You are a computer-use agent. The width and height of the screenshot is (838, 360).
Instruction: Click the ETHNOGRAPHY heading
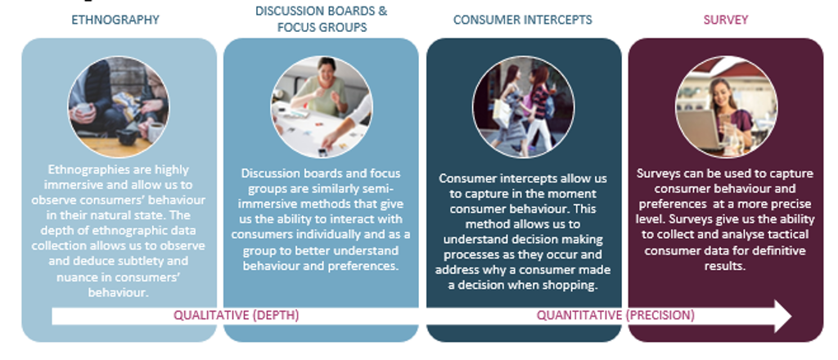(x=115, y=20)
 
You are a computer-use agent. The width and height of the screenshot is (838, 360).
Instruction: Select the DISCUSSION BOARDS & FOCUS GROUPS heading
(x=321, y=19)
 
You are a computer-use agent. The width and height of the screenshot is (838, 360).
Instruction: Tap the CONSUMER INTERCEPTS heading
(x=523, y=20)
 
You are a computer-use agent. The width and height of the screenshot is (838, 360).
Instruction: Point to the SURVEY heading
(x=725, y=20)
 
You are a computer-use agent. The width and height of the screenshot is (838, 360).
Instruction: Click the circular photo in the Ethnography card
(x=119, y=107)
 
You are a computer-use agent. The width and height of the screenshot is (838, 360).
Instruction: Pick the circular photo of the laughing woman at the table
(x=321, y=107)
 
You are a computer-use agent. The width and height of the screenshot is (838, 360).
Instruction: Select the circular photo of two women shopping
(x=524, y=107)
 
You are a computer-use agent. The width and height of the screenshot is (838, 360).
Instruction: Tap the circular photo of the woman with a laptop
(x=727, y=107)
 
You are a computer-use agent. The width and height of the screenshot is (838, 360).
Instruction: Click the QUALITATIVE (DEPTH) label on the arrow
(x=237, y=315)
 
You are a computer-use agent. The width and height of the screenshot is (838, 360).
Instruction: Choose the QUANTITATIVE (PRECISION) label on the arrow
(x=615, y=315)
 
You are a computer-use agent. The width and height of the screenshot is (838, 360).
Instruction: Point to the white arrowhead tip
(x=791, y=316)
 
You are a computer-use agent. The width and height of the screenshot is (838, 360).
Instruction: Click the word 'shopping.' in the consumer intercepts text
(x=572, y=286)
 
